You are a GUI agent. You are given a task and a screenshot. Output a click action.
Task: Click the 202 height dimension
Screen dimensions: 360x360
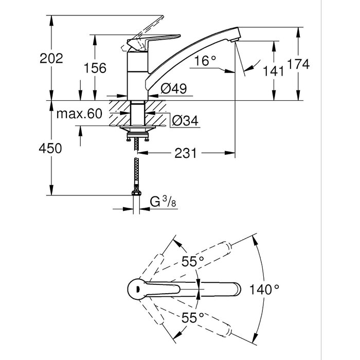pos(51,58)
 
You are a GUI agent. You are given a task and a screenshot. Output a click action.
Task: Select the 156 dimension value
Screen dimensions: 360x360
pos(95,68)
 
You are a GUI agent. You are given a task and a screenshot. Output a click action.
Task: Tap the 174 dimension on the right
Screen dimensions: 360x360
pos(298,64)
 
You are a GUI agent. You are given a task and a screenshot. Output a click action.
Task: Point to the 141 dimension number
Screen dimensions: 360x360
pos(273,71)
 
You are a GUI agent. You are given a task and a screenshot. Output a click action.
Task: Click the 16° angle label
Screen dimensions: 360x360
pos(205,61)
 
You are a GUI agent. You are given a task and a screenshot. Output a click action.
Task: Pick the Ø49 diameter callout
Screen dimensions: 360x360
pos(174,88)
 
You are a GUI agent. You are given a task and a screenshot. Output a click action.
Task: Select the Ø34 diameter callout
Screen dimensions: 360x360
pos(185,120)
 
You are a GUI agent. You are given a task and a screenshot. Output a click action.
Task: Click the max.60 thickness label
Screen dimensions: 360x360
pos(79,114)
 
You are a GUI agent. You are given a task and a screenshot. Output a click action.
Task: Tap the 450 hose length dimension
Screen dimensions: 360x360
pos(50,148)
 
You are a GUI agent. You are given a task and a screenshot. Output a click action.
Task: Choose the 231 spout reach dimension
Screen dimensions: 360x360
pos(186,153)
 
